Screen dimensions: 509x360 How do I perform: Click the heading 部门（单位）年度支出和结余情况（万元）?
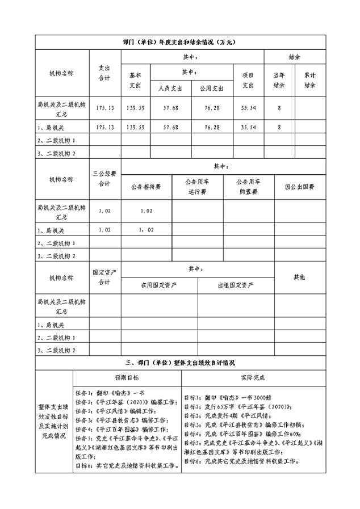tap(179, 43)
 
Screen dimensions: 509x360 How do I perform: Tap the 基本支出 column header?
tap(135, 80)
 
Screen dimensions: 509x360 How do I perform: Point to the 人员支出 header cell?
tap(170, 89)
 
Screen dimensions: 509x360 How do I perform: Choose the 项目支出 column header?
tap(248, 80)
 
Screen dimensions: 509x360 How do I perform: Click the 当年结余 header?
tap(279, 80)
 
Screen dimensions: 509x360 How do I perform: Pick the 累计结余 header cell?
tap(309, 80)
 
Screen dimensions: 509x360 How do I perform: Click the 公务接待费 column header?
tap(146, 187)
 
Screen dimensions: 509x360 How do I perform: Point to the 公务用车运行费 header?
tap(197, 187)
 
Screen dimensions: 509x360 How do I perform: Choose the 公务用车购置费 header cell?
tap(248, 187)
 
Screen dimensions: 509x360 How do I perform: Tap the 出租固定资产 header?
tap(235, 285)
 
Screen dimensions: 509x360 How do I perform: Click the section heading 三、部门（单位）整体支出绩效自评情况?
tap(179, 362)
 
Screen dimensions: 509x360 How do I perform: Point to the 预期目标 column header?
tap(127, 377)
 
